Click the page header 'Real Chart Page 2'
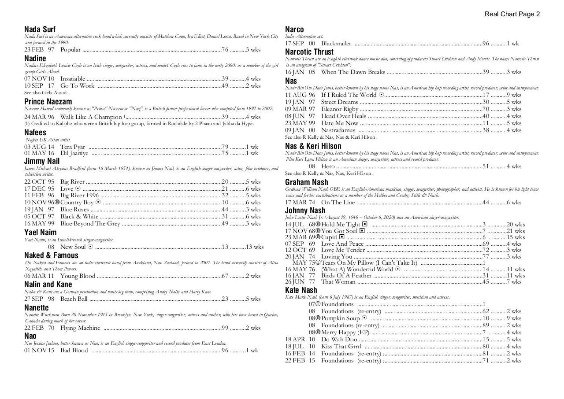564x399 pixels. (512, 14)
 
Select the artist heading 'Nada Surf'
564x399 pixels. (40, 30)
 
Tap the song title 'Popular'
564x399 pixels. (70, 50)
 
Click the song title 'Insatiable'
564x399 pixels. (73, 79)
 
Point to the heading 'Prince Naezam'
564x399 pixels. (48, 102)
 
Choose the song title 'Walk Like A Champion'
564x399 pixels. (91, 117)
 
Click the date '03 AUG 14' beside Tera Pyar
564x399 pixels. (39, 147)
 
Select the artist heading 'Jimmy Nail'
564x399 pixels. (42, 161)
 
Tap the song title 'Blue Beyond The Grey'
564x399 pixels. (90, 224)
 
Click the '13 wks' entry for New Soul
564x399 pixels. (255, 247)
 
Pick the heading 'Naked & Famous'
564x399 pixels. (51, 255)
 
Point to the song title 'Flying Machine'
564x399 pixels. (80, 328)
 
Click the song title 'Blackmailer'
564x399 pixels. (336, 44)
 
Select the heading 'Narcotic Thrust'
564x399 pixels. (309, 52)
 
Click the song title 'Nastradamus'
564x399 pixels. (338, 130)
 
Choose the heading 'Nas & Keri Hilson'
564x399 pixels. (313, 146)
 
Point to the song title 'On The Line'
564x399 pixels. (338, 203)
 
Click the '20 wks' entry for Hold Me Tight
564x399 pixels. (516, 224)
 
